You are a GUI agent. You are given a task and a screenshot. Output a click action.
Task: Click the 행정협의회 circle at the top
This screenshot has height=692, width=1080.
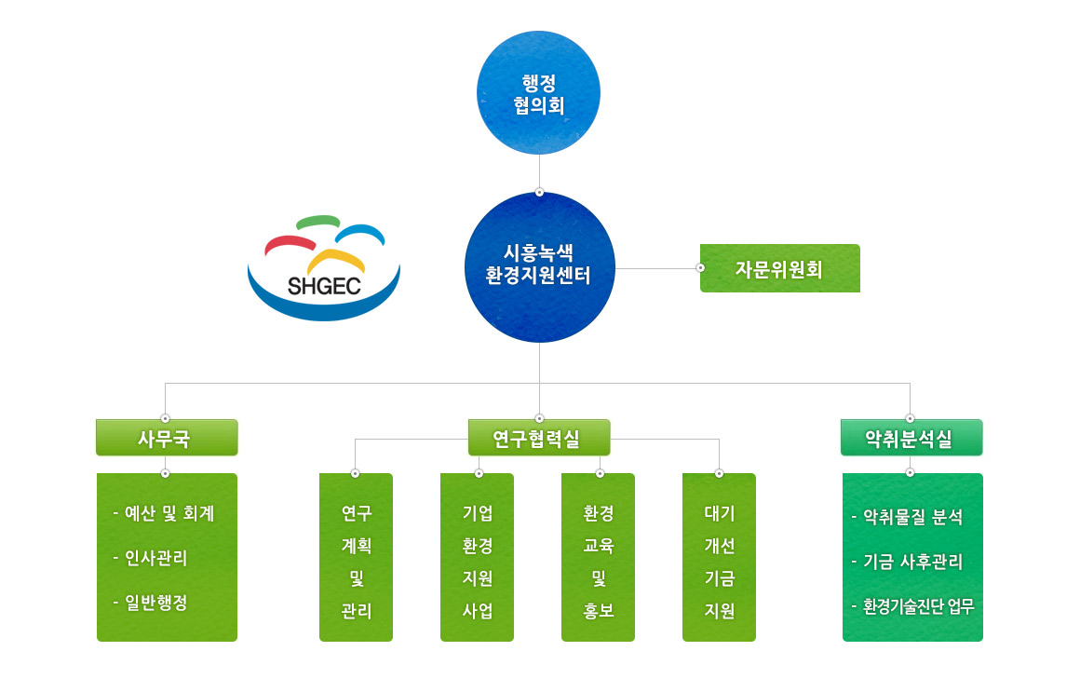click(x=539, y=93)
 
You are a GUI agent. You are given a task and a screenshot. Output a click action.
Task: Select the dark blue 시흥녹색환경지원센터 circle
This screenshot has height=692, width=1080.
click(x=539, y=267)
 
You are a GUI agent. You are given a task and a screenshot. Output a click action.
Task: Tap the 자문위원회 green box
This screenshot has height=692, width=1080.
click(x=780, y=268)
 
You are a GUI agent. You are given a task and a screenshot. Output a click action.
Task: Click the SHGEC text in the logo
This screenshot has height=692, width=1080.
click(x=324, y=286)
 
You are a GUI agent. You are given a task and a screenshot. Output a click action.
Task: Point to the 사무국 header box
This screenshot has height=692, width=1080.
click(x=167, y=438)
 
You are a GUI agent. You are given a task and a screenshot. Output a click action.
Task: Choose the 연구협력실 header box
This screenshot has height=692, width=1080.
click(x=539, y=438)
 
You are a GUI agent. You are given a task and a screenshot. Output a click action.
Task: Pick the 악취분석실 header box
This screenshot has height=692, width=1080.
click(x=911, y=438)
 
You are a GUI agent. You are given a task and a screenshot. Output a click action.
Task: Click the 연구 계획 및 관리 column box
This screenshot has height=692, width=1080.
click(x=356, y=557)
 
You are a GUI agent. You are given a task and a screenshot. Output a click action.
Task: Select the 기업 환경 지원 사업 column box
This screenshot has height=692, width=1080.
click(x=478, y=557)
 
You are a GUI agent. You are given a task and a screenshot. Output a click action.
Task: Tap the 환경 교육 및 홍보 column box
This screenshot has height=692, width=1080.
click(x=598, y=557)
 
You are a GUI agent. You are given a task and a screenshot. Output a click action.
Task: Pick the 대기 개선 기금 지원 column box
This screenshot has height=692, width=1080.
click(x=719, y=557)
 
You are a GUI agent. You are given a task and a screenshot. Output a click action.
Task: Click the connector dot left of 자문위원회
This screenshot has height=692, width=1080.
click(x=700, y=268)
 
